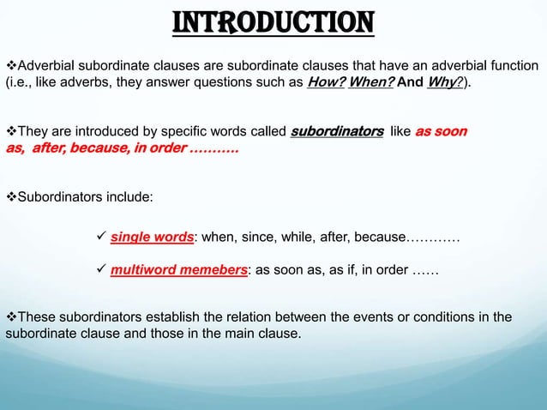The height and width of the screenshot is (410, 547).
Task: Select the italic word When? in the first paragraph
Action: coord(372,83)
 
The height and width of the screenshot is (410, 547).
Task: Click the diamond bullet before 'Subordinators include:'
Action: coord(11,197)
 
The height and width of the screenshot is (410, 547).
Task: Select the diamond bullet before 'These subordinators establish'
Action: coord(11,317)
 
